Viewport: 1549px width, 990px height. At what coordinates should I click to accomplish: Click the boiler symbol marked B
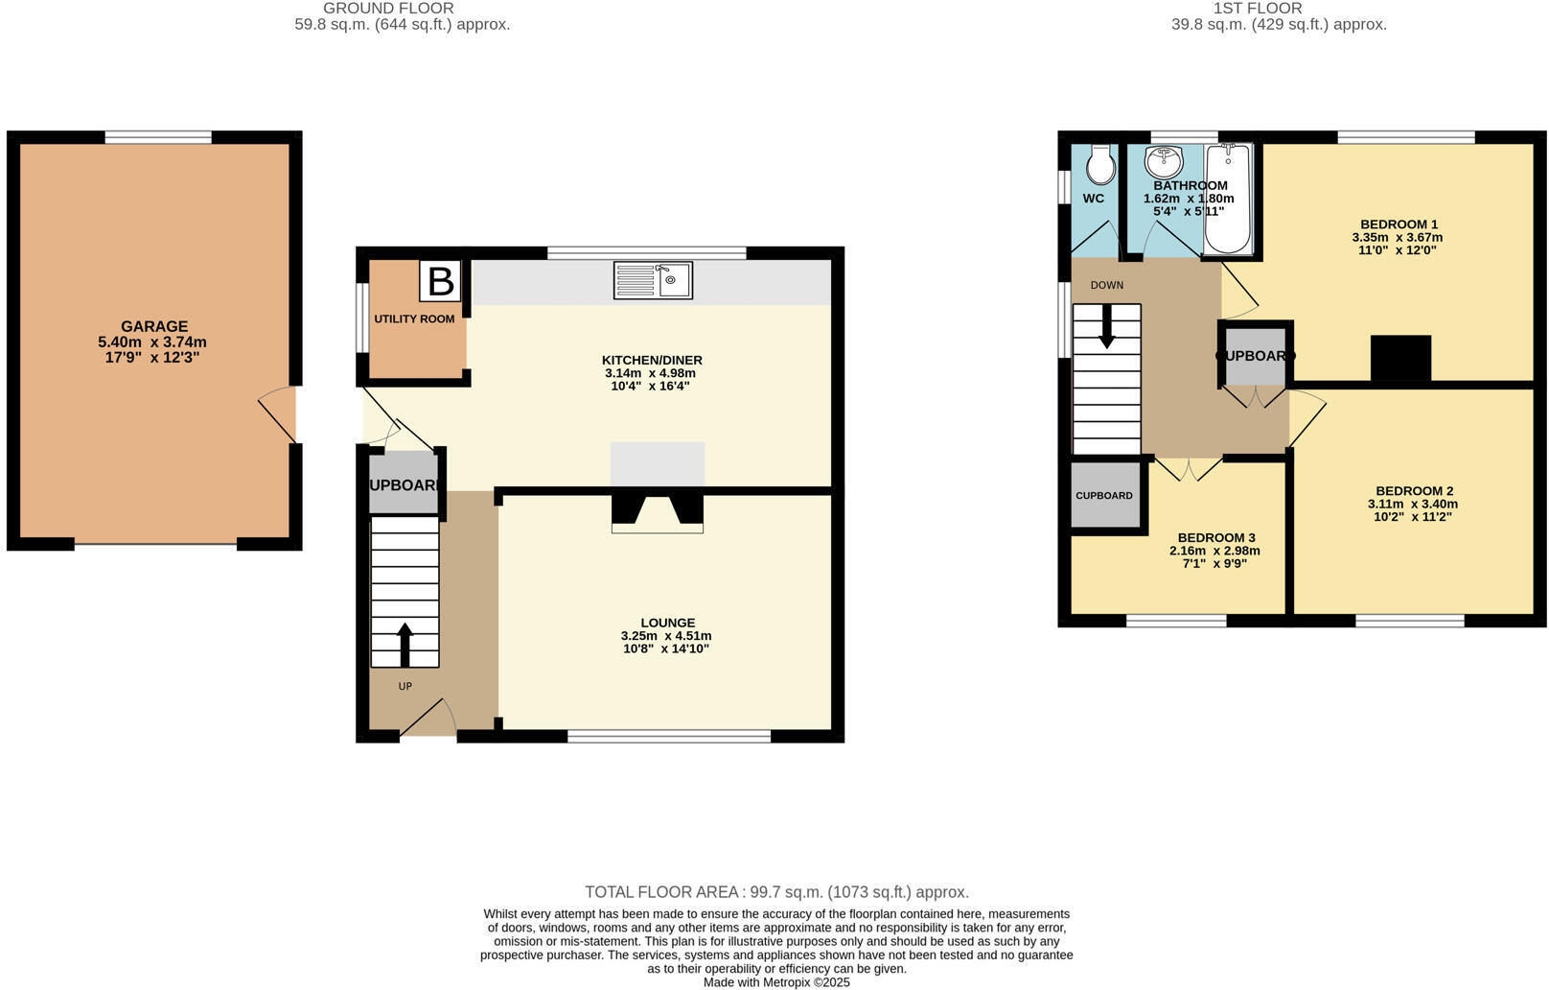440,281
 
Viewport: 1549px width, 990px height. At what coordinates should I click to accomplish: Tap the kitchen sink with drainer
653,280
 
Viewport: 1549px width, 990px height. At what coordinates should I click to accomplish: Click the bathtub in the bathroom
1228,199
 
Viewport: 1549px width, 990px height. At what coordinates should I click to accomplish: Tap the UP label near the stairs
405,686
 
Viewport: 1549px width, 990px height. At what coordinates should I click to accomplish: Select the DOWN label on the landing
1107,285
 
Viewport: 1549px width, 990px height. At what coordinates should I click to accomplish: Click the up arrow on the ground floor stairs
405,646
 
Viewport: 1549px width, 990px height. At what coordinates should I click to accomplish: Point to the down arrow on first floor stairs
1106,326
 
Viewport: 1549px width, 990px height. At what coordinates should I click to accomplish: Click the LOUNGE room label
668,623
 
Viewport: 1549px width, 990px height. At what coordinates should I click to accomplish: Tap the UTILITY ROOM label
414,319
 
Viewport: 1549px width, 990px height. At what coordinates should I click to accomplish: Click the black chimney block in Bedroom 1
1401,358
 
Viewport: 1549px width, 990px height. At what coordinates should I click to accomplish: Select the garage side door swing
277,414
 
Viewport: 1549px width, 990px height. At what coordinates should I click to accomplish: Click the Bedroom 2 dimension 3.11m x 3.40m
1413,504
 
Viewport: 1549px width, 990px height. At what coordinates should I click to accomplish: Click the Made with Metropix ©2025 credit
776,982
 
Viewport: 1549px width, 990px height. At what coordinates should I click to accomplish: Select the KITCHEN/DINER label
652,360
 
